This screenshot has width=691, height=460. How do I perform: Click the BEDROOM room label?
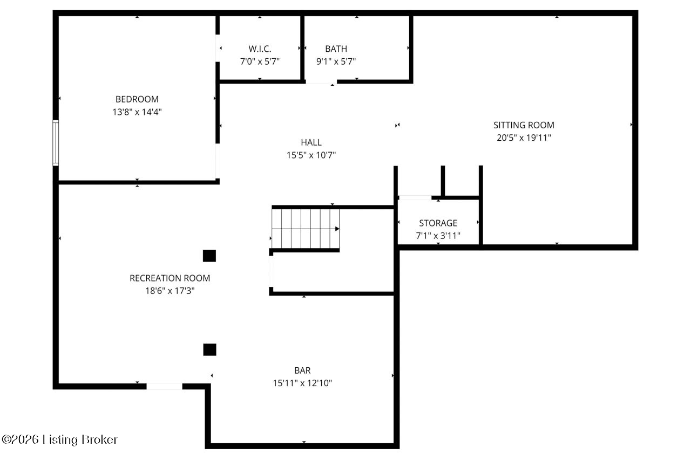(x=137, y=99)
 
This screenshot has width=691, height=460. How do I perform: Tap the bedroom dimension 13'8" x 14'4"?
(x=137, y=112)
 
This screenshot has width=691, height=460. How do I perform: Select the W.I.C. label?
(x=260, y=49)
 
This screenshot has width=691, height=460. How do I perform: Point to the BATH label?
(x=336, y=49)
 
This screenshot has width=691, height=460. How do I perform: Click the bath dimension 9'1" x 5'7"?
(x=336, y=61)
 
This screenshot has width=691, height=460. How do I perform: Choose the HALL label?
(x=311, y=142)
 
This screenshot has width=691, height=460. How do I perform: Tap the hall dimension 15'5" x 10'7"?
(x=311, y=155)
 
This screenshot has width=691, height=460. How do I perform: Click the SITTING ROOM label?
(x=524, y=125)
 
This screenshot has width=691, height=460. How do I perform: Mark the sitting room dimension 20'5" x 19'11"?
(x=524, y=138)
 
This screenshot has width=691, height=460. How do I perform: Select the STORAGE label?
(x=438, y=223)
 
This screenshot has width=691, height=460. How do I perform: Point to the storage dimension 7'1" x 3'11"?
(x=438, y=236)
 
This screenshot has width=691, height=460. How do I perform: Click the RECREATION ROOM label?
(x=170, y=278)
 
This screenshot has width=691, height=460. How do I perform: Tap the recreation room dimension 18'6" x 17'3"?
(x=170, y=291)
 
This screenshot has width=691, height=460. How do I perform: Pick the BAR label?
(x=302, y=370)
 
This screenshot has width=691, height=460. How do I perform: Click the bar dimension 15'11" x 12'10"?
(x=302, y=383)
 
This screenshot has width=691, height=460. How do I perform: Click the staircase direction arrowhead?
(x=337, y=229)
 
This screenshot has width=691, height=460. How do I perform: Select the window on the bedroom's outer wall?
(x=56, y=143)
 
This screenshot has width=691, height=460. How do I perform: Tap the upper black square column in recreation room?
(x=209, y=256)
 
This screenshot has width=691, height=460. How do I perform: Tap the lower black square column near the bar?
(x=210, y=349)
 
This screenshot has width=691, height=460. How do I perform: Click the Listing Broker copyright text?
(x=59, y=440)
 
